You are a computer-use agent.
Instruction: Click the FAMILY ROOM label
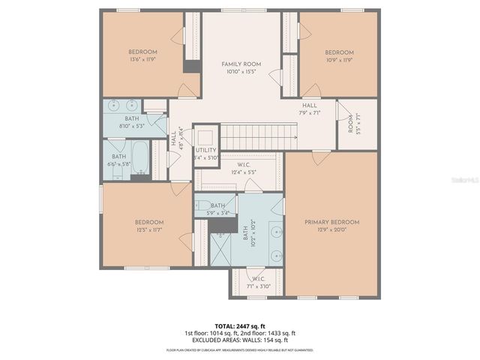(240, 64)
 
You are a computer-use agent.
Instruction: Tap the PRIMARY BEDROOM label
(331, 222)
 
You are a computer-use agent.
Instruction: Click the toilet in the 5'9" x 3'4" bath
(203, 205)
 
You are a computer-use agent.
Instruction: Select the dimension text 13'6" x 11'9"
(142, 59)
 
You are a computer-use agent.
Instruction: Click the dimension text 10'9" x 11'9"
(338, 59)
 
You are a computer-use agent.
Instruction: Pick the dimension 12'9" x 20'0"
(331, 230)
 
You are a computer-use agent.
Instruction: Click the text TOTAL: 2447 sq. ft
(240, 325)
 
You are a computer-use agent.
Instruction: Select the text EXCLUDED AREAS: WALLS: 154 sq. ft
(240, 340)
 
